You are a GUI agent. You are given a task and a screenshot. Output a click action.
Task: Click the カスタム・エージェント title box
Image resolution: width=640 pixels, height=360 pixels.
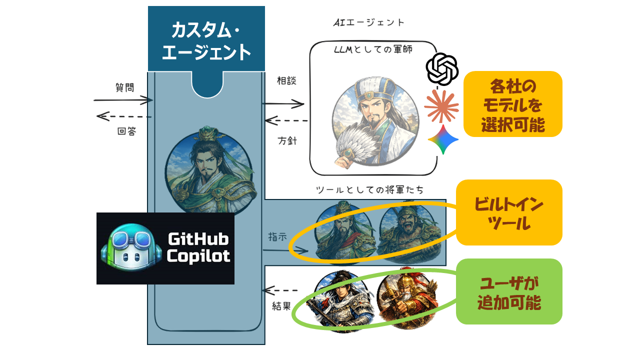coord(206,39)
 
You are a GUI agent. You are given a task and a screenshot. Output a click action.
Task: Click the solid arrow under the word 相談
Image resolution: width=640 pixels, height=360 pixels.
coord(283,104)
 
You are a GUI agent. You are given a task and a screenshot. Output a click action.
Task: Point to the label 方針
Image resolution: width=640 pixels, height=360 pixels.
coord(287,140)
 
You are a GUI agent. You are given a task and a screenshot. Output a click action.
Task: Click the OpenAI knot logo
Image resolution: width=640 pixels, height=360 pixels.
coord(442,69)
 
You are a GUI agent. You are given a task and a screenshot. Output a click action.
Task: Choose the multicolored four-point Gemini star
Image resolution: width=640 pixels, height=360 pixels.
coord(443,139)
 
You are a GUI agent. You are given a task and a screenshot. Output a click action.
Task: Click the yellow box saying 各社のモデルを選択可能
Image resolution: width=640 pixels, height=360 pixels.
coord(512,104)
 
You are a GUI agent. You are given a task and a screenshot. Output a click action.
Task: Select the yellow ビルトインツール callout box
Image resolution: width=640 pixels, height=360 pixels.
coord(509,212)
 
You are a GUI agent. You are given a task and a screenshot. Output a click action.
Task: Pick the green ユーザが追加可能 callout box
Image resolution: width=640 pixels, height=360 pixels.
coord(509,291)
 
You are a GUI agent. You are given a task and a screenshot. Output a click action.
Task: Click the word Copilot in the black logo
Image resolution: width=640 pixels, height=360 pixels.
coord(198,256)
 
